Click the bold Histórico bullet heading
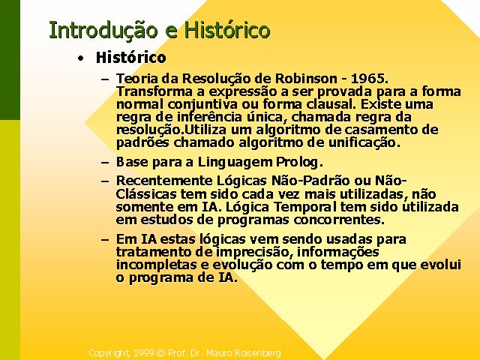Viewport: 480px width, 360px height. click(x=131, y=58)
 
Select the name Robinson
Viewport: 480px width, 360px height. click(x=306, y=79)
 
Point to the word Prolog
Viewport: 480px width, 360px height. click(x=299, y=163)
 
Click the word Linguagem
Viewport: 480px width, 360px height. click(x=235, y=163)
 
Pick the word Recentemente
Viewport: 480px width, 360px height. click(x=164, y=181)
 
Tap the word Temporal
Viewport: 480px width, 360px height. click(x=305, y=207)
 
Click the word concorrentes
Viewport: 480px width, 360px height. click(x=339, y=220)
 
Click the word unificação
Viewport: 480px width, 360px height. click(x=364, y=142)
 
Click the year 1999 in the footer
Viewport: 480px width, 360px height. click(x=143, y=353)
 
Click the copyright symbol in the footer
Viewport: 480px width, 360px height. click(x=160, y=353)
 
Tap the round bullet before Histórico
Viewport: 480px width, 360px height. click(x=80, y=58)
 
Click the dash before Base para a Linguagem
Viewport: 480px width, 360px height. click(x=105, y=163)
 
